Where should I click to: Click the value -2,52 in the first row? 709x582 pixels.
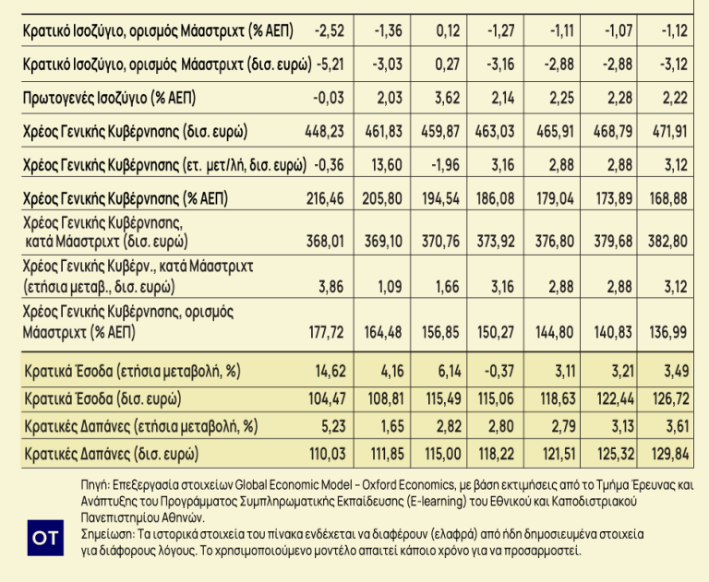pos(328,32)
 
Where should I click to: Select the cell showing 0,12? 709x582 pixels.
pos(446,32)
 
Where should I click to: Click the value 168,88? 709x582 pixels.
pos(670,199)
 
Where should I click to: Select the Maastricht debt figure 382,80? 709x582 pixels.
pos(670,242)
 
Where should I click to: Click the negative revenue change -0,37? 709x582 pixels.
pos(501,373)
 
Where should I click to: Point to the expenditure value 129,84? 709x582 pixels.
pos(670,455)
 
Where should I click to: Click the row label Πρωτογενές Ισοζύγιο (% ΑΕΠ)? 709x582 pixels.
pos(109,98)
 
